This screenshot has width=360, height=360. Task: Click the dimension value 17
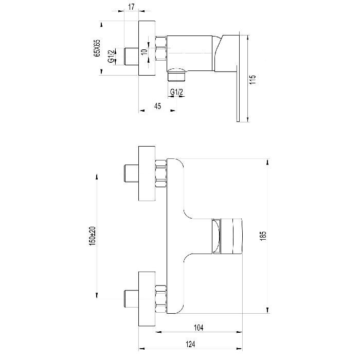pos(131,7)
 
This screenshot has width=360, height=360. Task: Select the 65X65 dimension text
pos(97,48)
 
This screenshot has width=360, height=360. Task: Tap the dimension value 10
pos(144,51)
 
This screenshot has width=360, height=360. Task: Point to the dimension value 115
pos(253,79)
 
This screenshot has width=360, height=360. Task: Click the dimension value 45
pos(157,106)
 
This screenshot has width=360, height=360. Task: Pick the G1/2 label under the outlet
pos(176,92)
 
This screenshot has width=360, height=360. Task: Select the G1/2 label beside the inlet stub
pos(111,56)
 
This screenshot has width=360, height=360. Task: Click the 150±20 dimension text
pos(93,236)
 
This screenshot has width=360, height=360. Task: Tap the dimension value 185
pos(263,236)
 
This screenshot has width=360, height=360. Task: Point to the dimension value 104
pos(199,328)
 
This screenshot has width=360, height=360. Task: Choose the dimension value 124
pos(190,344)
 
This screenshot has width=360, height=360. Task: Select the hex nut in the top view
pos(160,48)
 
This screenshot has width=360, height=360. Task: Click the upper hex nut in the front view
pos(160,174)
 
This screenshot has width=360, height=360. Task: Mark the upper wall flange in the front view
pos(147,173)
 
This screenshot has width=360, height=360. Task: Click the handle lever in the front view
pos(228,236)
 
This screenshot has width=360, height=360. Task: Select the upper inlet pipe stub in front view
pos(131,173)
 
